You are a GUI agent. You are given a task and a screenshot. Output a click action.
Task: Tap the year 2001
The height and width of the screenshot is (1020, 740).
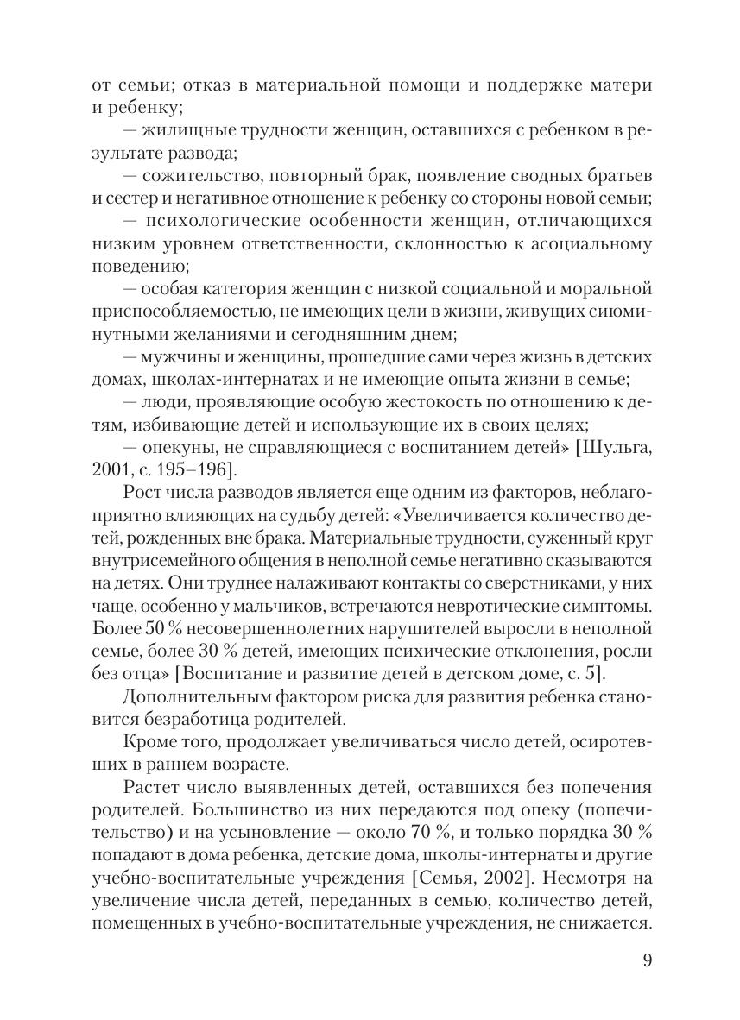tap(109, 469)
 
